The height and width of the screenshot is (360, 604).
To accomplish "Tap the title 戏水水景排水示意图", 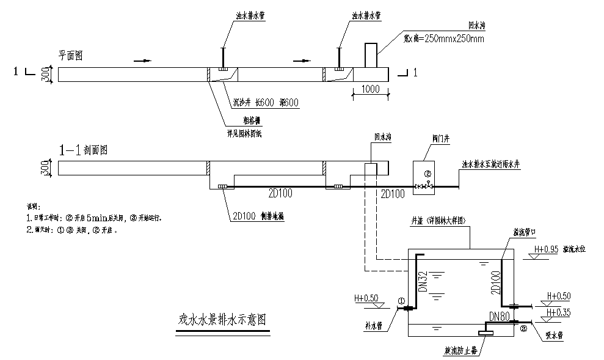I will click(222, 320).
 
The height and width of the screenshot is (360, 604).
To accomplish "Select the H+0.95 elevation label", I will click(547, 249).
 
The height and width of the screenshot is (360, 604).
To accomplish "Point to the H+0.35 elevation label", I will click(559, 312).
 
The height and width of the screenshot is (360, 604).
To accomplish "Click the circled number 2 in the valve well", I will click(428, 174).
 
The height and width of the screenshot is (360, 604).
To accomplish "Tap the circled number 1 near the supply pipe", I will click(401, 301).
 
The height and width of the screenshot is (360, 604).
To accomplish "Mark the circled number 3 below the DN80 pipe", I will click(523, 328).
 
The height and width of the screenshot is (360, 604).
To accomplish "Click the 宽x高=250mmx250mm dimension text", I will click(444, 39).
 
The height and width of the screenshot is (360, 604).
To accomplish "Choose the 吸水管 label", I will click(554, 336).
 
